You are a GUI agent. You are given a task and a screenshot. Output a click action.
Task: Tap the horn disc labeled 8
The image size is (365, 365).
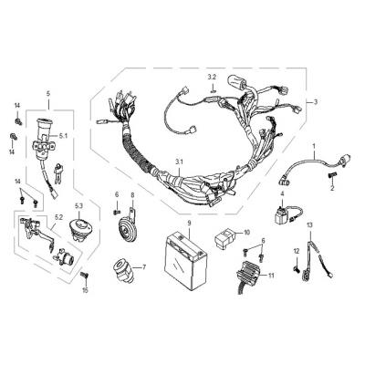tap(125, 231)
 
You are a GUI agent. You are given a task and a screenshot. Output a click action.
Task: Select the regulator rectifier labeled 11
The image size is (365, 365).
tap(250, 276)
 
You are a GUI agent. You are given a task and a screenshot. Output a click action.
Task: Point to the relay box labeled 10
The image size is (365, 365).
tap(225, 236)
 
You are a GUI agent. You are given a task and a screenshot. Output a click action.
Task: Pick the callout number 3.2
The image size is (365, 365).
tap(212, 77)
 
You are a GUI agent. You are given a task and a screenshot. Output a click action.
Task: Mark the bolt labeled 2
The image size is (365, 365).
tap(331, 175)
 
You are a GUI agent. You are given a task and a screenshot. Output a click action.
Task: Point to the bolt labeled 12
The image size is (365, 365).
tap(297, 268)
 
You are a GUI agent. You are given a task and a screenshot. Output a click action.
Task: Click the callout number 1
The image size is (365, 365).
tap(314, 147)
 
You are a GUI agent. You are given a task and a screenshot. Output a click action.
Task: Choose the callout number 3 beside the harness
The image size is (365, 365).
tap(316, 102)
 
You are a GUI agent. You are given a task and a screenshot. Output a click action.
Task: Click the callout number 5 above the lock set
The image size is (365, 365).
tap(48, 94)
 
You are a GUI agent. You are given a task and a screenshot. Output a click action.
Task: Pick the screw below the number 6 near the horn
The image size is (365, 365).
tap(115, 213)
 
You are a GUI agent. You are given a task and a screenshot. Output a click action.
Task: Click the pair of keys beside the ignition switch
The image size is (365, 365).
tap(57, 172)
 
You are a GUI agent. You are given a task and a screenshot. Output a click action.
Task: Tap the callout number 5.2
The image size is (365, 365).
tap(58, 217)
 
